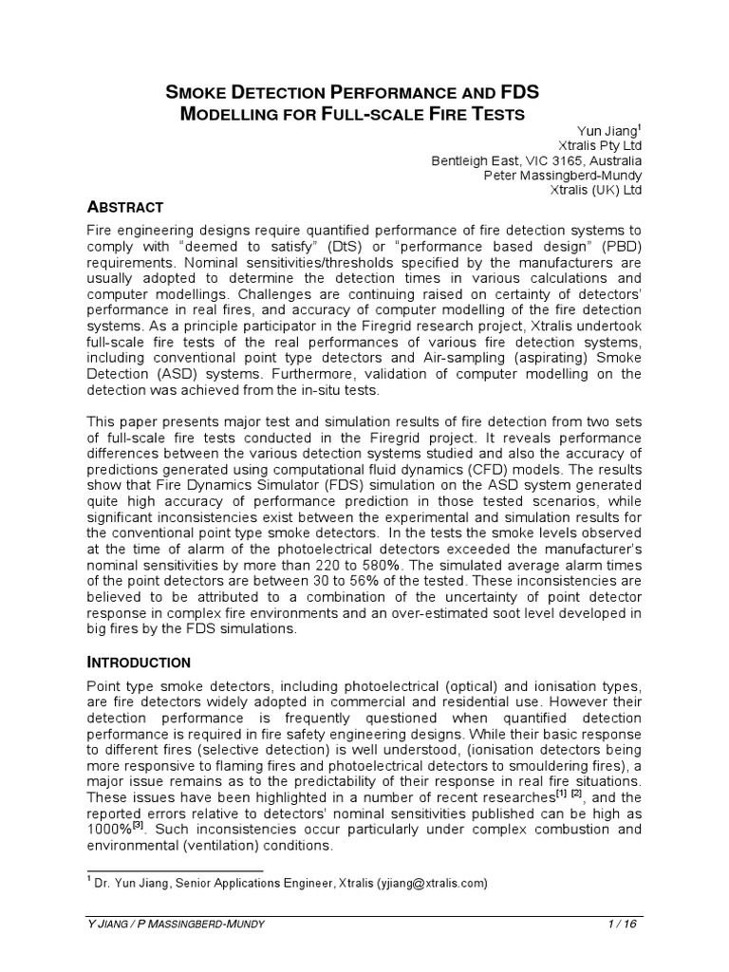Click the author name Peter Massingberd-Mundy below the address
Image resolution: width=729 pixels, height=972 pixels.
tap(563, 176)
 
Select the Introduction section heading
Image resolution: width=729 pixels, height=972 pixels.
tap(139, 662)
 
